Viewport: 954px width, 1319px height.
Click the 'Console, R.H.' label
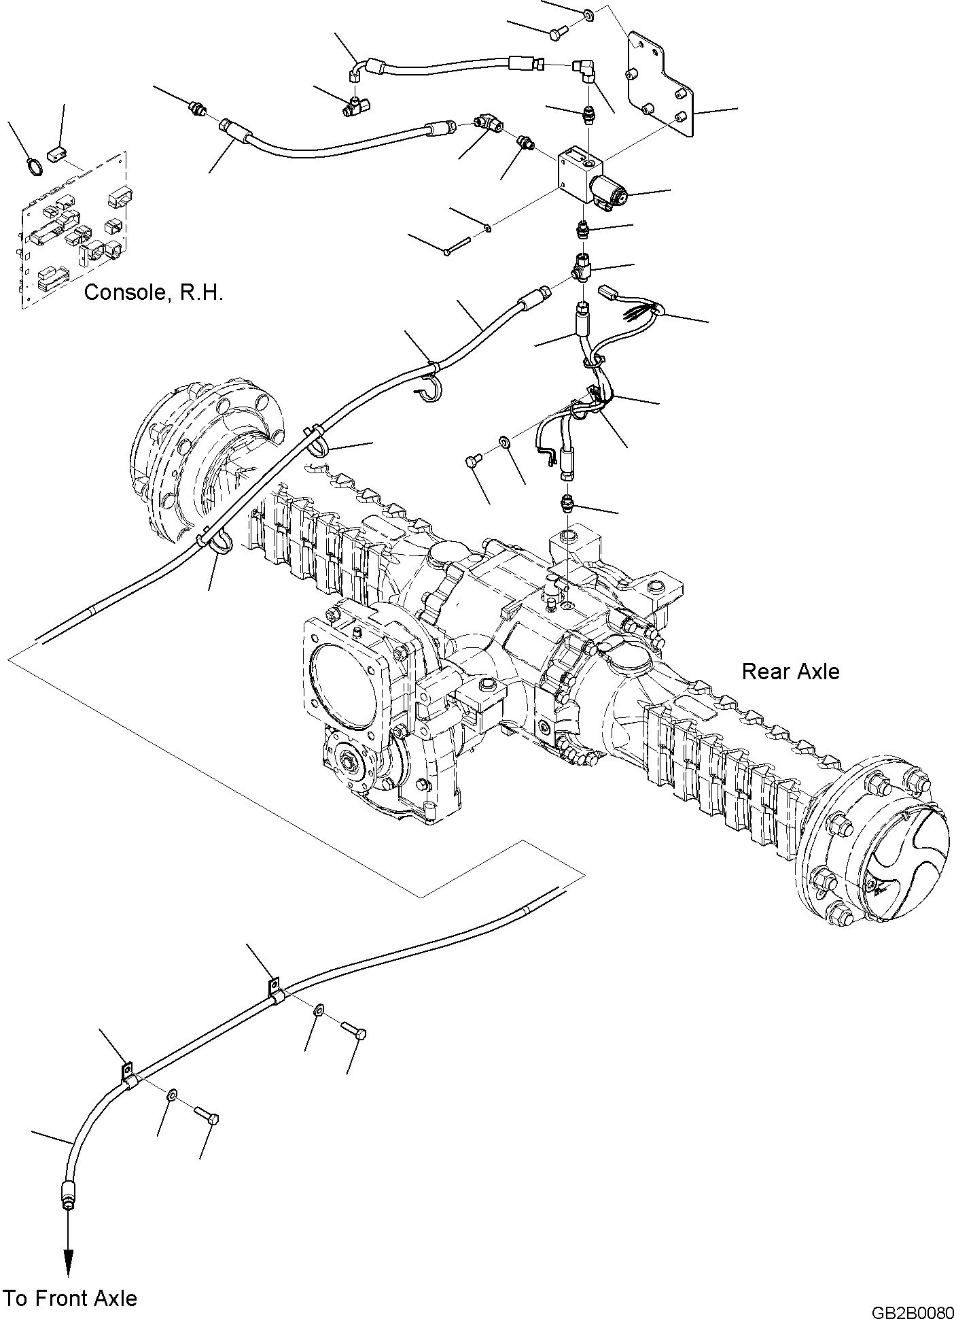pyautogui.click(x=154, y=294)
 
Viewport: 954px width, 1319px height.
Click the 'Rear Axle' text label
pyautogui.click(x=790, y=672)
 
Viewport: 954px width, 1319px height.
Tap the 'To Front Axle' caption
pyautogui.click(x=70, y=1299)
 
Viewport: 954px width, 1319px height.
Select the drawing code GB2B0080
pyautogui.click(x=910, y=1309)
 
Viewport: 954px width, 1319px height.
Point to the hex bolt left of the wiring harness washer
pyautogui.click(x=472, y=462)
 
